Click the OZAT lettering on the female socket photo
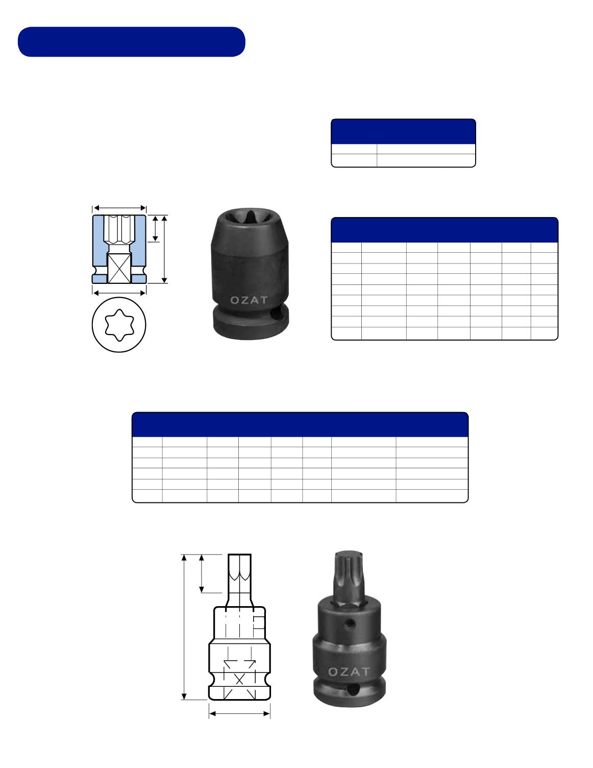point(249,300)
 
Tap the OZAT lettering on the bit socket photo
point(349,671)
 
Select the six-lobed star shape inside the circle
point(119,325)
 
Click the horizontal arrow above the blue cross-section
point(120,208)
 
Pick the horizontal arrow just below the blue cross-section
point(120,293)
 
